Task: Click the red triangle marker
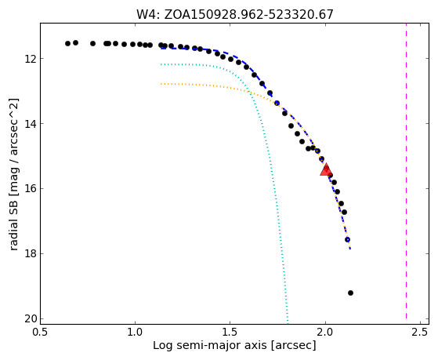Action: [x=326, y=169]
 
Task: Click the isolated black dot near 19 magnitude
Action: [x=350, y=293]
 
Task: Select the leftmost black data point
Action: [x=67, y=43]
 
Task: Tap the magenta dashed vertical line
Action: [x=406, y=171]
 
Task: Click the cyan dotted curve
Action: [x=270, y=157]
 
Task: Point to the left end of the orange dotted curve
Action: [x=161, y=84]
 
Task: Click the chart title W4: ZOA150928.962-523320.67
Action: [x=234, y=15]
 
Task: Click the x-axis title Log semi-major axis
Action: [x=210, y=345]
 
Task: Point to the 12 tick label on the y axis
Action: [x=31, y=59]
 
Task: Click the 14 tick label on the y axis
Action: [x=31, y=124]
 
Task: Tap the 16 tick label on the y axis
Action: [x=31, y=189]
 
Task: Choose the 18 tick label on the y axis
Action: [x=31, y=254]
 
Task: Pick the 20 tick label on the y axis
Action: [x=31, y=319]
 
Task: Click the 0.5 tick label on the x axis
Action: [x=40, y=332]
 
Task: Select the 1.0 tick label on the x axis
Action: [x=135, y=332]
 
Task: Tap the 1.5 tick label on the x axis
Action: [x=230, y=332]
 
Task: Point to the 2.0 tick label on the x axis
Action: [x=325, y=332]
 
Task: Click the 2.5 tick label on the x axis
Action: [x=420, y=332]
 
